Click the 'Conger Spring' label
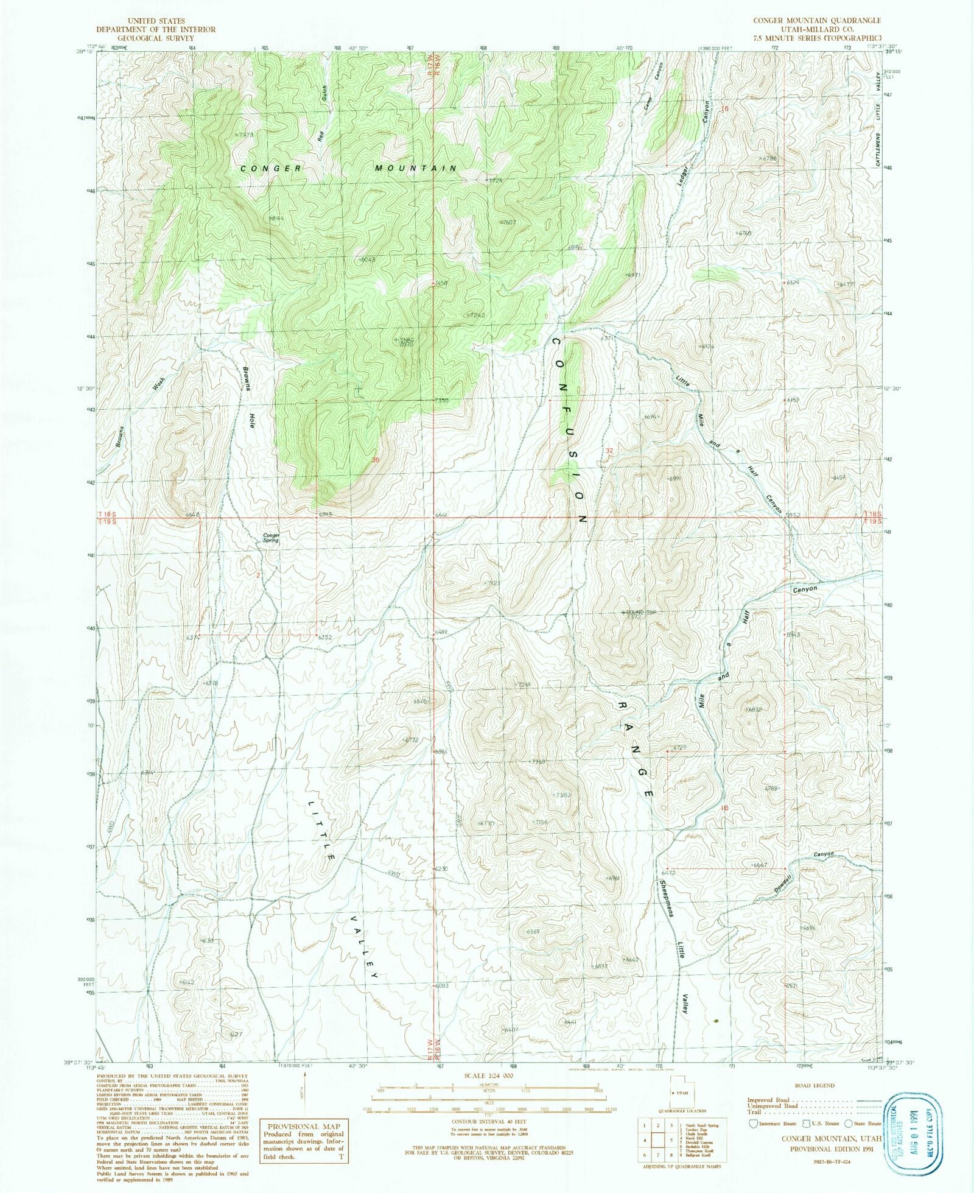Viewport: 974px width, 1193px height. [x=271, y=538]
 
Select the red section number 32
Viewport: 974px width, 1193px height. [x=608, y=450]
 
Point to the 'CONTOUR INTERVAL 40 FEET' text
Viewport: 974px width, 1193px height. [x=488, y=1121]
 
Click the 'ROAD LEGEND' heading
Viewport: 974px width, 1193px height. [x=815, y=1085]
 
